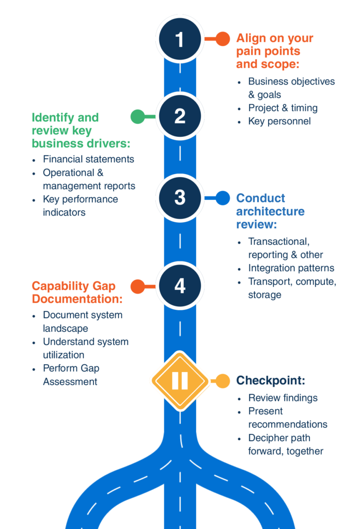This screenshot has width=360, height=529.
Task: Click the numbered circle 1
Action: click(x=180, y=39)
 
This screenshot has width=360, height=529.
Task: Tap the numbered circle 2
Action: click(x=180, y=116)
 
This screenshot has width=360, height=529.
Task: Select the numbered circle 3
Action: click(x=180, y=197)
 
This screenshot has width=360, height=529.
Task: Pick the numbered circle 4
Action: click(x=180, y=286)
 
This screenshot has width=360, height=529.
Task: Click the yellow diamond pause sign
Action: click(x=180, y=381)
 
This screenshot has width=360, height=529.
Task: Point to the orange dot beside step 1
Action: click(x=223, y=39)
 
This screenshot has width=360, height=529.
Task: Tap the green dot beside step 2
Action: click(x=137, y=117)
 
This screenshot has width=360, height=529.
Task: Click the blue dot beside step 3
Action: click(x=223, y=198)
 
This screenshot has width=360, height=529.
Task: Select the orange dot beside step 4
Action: click(x=137, y=286)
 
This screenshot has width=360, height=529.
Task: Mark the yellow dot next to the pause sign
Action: click(x=223, y=381)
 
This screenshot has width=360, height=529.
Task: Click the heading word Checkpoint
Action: click(x=271, y=381)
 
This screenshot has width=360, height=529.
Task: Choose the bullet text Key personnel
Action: click(x=279, y=121)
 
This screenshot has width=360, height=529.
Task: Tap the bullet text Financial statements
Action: click(x=88, y=159)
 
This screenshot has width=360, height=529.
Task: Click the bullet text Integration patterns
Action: click(x=291, y=268)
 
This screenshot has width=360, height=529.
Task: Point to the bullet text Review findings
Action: click(x=283, y=398)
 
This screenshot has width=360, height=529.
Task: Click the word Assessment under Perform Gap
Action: click(x=70, y=382)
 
